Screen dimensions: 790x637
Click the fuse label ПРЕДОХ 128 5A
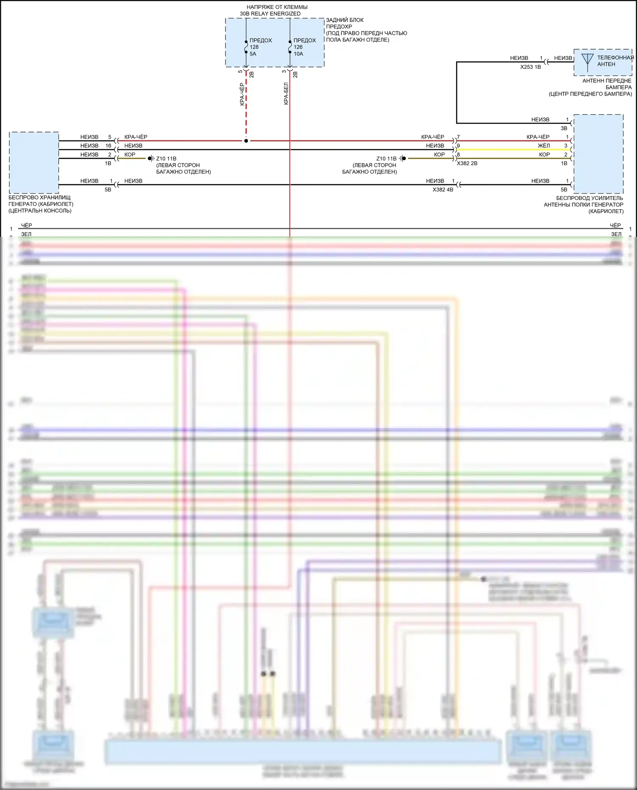pyautogui.click(x=260, y=47)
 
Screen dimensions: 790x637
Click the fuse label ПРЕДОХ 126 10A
pyautogui.click(x=304, y=47)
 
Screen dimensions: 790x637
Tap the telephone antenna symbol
pyautogui.click(x=587, y=61)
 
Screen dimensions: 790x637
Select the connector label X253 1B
pyautogui.click(x=530, y=67)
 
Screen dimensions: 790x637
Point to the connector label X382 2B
pyautogui.click(x=467, y=163)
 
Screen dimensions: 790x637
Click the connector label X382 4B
pyautogui.click(x=443, y=190)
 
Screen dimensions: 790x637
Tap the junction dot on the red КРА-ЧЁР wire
pyautogui.click(x=246, y=141)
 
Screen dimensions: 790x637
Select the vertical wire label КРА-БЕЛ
pyautogui.click(x=286, y=93)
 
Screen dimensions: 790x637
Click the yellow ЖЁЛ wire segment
pyautogui.click(x=510, y=150)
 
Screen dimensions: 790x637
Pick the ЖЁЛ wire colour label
pyautogui.click(x=544, y=146)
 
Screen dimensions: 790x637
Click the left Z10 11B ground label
pyautogui.click(x=166, y=159)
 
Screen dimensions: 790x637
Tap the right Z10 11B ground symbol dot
pyautogui.click(x=404, y=158)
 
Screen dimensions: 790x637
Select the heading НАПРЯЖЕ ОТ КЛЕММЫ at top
pyautogui.click(x=277, y=7)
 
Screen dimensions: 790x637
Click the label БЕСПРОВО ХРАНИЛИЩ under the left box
pyautogui.click(x=39, y=197)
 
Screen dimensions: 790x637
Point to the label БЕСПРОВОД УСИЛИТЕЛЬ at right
pyautogui.click(x=589, y=198)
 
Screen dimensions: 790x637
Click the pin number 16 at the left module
pyautogui.click(x=108, y=146)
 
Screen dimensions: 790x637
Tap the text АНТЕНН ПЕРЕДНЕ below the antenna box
pyautogui.click(x=606, y=81)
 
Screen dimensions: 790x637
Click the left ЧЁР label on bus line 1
pyautogui.click(x=26, y=225)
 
